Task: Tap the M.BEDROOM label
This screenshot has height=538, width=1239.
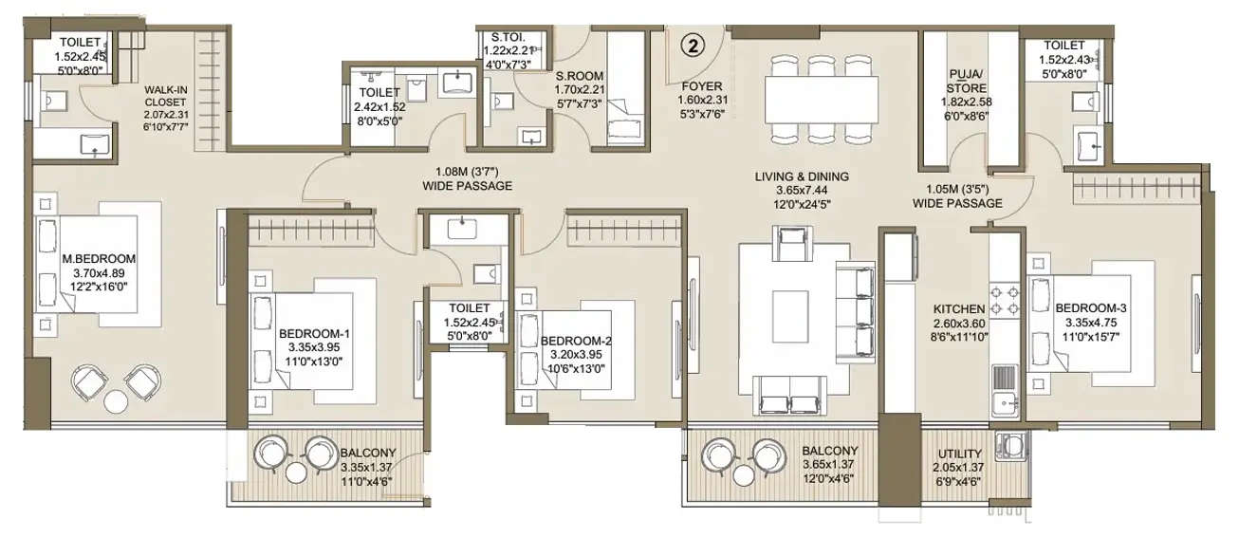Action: (x=99, y=258)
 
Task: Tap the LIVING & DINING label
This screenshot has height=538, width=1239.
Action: (x=802, y=176)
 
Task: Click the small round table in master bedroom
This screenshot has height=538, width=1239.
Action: (x=115, y=400)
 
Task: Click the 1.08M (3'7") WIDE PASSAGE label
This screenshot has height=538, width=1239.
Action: (x=468, y=179)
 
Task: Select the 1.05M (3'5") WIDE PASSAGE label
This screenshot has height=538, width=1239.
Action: (x=957, y=195)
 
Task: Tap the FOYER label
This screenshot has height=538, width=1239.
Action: (x=701, y=83)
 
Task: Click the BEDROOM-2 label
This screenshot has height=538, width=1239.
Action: (x=573, y=340)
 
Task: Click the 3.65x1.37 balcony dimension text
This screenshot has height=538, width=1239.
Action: (x=829, y=465)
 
